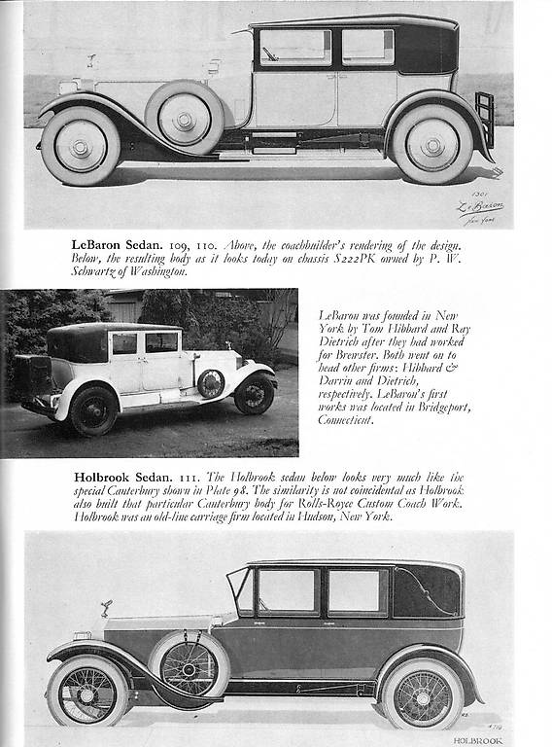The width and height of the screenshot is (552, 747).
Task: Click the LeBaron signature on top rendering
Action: pos(481,208)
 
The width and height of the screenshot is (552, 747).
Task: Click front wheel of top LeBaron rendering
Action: pos(80,145)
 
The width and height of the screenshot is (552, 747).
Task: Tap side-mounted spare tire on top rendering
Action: pos(185,118)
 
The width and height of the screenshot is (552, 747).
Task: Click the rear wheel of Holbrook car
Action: pos(422,693)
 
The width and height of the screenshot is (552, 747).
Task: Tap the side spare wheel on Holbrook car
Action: pos(189,668)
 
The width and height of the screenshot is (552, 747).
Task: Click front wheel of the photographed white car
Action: pos(254,393)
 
